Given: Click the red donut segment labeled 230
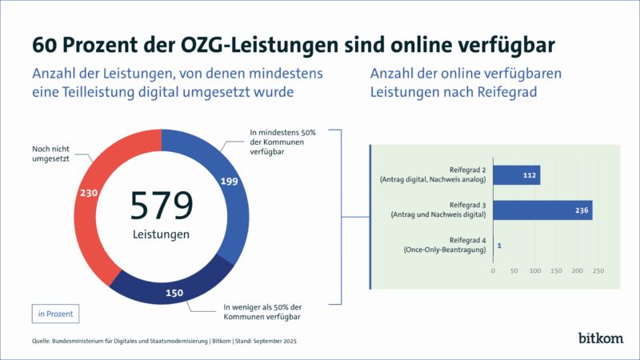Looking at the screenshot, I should (90, 192).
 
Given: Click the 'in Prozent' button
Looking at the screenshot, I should (55, 314).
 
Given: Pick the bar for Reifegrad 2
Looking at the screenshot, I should (516, 174).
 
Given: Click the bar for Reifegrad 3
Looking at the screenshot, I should (542, 210).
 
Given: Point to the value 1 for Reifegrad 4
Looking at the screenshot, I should (499, 245).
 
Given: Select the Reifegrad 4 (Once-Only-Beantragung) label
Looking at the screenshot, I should (446, 245).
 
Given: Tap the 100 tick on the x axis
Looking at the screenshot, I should (535, 271).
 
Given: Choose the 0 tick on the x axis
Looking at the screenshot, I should (494, 271).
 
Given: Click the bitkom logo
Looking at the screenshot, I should (601, 338).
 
